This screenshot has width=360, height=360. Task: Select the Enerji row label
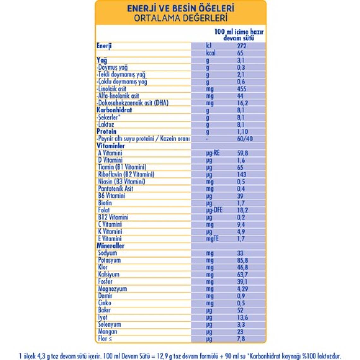pos(104,46)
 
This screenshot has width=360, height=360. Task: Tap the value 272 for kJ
pos(242,46)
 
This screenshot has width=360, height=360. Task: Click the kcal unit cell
pos(211,53)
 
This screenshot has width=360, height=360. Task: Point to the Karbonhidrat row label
pos(114,110)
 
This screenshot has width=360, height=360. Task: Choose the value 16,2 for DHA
pos(242,103)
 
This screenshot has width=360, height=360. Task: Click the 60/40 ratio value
pos(245,139)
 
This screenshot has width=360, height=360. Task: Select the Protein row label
pos(106,131)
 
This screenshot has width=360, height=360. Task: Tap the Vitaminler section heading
pos(111,146)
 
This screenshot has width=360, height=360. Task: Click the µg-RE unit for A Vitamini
pos(213,153)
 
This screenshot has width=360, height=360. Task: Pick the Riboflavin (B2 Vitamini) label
pos(126,174)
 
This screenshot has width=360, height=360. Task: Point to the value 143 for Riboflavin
pos(242,174)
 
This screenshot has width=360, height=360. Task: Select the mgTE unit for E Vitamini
pos(212,239)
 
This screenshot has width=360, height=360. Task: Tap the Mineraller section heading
pos(111,246)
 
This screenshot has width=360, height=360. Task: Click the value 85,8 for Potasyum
pos(242,260)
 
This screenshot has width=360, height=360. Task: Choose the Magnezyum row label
pos(112,289)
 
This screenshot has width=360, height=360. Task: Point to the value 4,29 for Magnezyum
pos(242,289)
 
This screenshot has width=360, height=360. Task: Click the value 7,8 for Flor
pos(241,339)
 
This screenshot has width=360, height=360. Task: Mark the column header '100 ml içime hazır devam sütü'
pos(239,35)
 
